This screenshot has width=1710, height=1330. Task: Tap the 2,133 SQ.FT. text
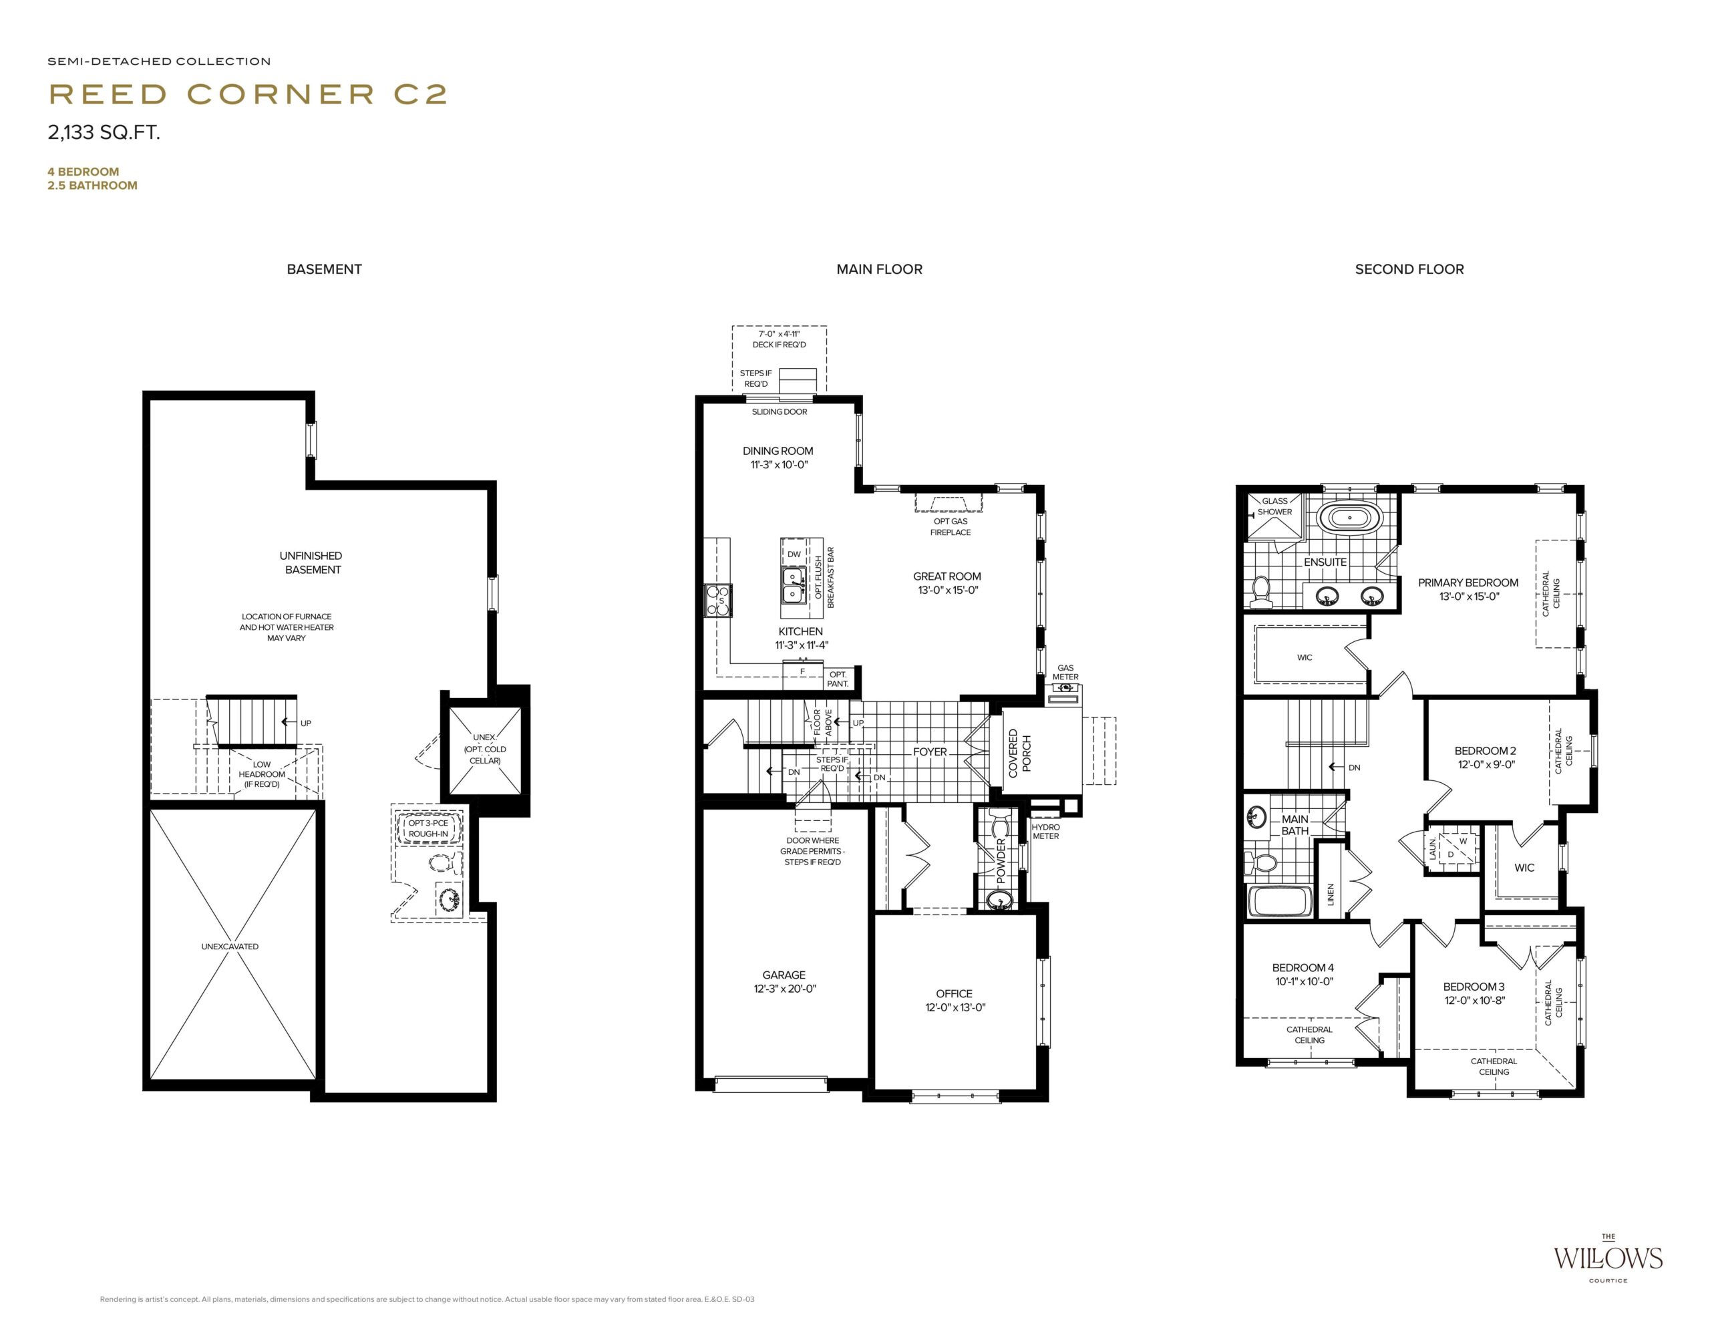pyautogui.click(x=104, y=132)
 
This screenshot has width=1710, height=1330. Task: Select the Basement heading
pyautogui.click(x=324, y=269)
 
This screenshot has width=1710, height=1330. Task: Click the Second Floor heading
pyautogui.click(x=1409, y=269)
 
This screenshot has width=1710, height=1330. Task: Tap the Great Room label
pyautogui.click(x=947, y=583)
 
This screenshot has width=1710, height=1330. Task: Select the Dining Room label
pyautogui.click(x=778, y=457)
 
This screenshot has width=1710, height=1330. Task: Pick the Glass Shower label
pyautogui.click(x=1274, y=506)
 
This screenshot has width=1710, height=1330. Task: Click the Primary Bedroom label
pyautogui.click(x=1468, y=589)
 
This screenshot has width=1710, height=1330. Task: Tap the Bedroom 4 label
pyautogui.click(x=1303, y=975)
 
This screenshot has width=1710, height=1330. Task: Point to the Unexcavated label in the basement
pyautogui.click(x=229, y=947)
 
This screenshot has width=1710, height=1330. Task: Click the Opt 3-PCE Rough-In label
pyautogui.click(x=428, y=828)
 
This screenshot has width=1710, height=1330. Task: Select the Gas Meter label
pyautogui.click(x=1065, y=673)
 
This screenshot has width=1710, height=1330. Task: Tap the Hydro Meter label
pyautogui.click(x=1046, y=832)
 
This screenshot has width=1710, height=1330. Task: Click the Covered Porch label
pyautogui.click(x=1019, y=752)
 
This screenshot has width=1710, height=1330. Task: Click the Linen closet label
pyautogui.click(x=1331, y=894)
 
